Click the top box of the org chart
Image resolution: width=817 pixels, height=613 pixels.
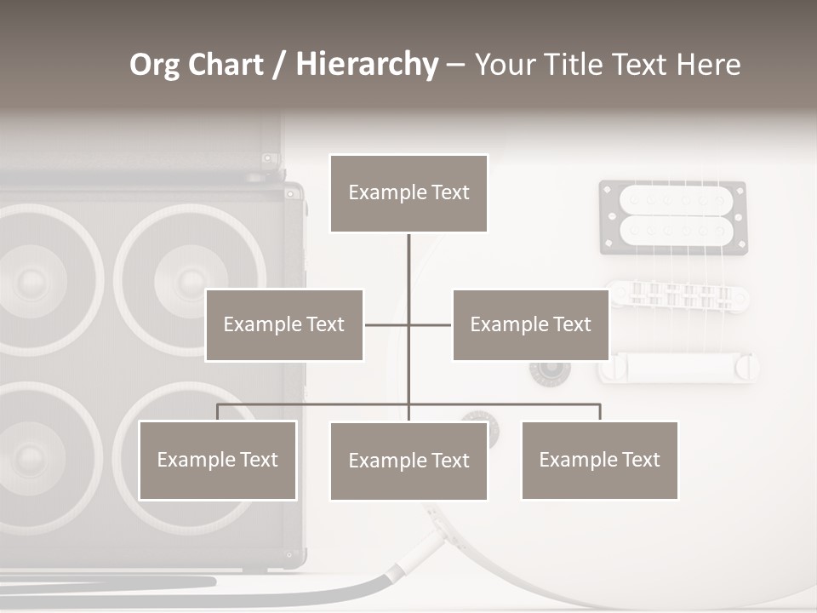(408, 193)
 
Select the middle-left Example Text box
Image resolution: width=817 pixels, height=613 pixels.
(284, 324)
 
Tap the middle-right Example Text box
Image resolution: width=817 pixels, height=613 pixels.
(530, 324)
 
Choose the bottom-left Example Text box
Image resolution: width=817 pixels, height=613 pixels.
(218, 460)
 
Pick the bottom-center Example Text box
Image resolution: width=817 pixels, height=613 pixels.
(408, 461)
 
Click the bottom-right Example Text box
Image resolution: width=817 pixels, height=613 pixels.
(599, 460)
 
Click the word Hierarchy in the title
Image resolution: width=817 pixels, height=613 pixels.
(367, 65)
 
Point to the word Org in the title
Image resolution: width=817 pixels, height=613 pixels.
(155, 65)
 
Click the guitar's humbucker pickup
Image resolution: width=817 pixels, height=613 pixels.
(673, 217)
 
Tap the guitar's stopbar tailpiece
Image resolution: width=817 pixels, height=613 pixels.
(678, 367)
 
